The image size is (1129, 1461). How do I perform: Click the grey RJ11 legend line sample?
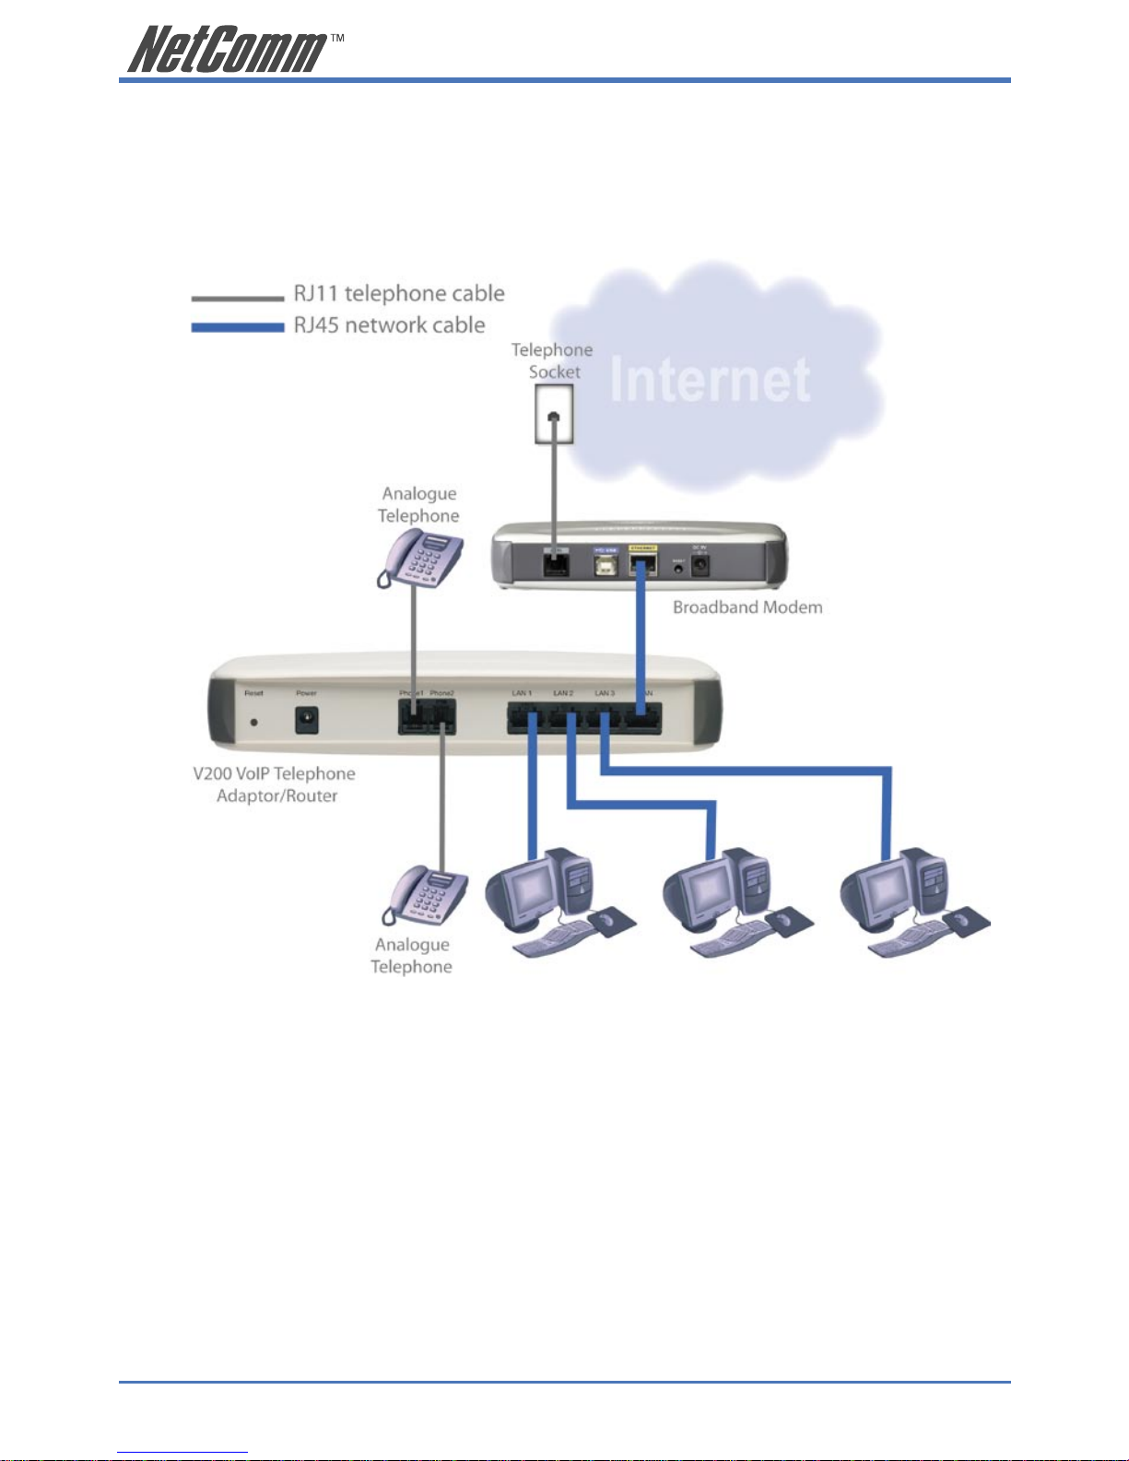[x=237, y=298]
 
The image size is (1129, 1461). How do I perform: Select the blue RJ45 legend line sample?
[x=237, y=327]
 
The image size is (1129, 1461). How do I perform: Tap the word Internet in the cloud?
[x=710, y=380]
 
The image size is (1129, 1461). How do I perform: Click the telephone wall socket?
[x=553, y=414]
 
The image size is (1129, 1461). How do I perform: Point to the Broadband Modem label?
[x=747, y=607]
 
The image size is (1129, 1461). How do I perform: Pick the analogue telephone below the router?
[x=427, y=894]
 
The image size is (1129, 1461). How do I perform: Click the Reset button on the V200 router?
[x=253, y=722]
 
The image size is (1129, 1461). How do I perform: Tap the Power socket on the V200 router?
[x=307, y=720]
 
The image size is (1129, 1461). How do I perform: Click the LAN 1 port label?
[x=522, y=693]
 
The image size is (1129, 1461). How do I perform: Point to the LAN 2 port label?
[x=563, y=693]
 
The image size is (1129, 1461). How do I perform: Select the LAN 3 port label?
[x=604, y=693]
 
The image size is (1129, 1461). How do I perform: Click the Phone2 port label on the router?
[x=441, y=693]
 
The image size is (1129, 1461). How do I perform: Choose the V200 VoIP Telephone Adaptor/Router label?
[x=275, y=784]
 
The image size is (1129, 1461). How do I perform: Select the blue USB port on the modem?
[x=606, y=562]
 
